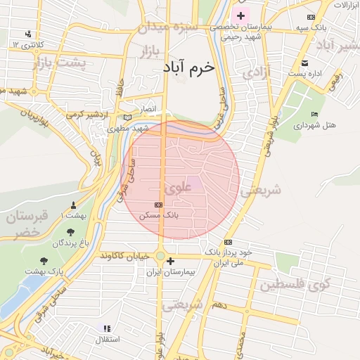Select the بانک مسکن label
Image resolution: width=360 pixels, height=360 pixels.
pos(157,214)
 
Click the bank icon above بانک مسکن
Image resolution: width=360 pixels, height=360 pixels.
pos(158,205)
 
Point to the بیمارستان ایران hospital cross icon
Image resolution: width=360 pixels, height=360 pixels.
pos(170,261)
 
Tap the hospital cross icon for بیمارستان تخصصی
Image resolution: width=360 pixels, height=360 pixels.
pos(241,15)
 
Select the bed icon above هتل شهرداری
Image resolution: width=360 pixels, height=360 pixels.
pos(314,114)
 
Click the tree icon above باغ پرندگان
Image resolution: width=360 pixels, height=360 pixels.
pos(71,232)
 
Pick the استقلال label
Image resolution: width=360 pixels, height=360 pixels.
pos(108,339)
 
